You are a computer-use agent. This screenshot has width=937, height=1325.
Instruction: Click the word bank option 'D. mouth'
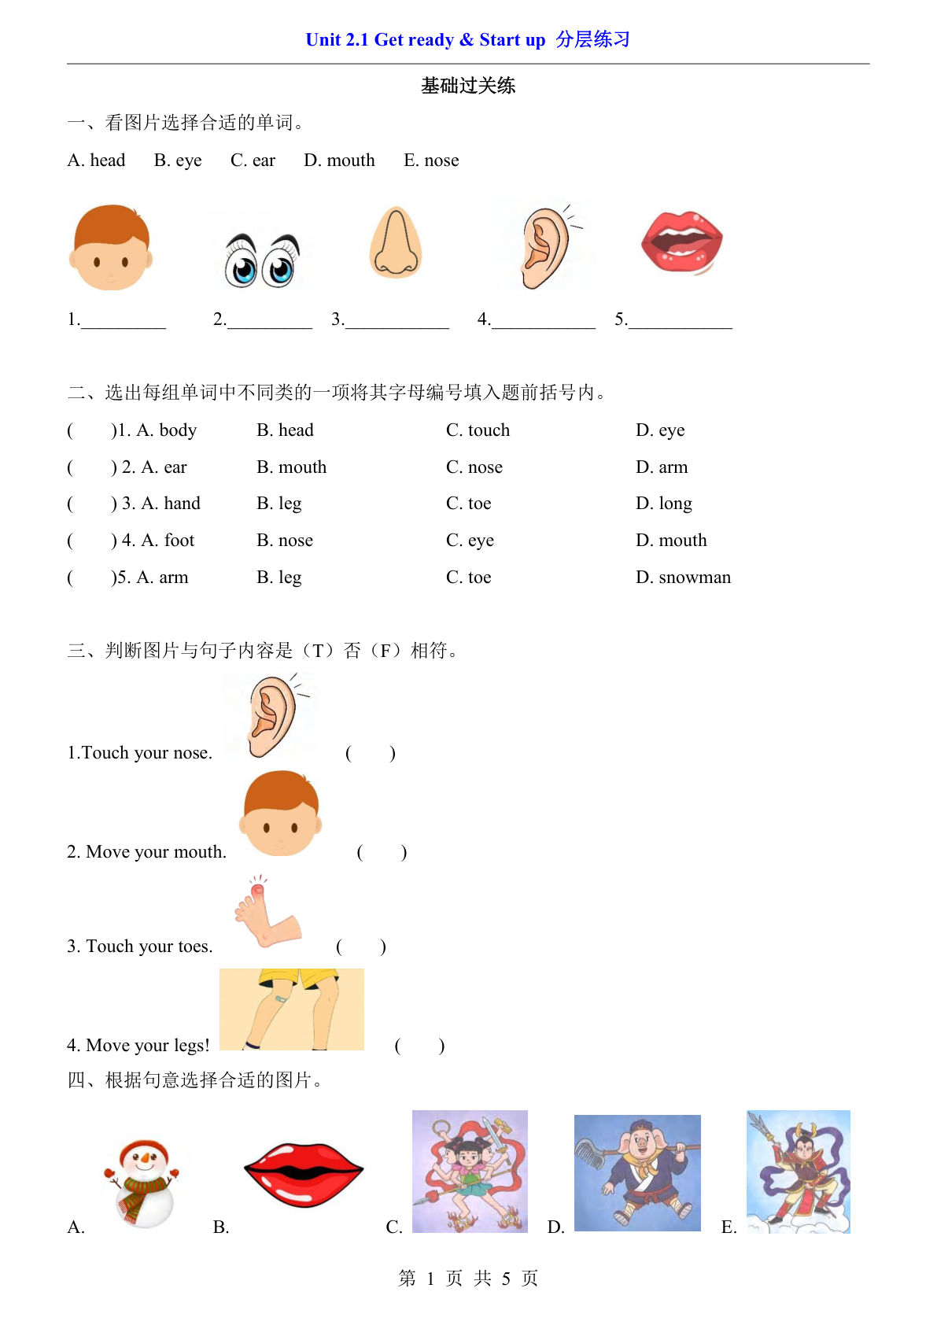339,161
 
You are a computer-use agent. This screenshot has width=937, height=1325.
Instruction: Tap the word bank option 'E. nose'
431,161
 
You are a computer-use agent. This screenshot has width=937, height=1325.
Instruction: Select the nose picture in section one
396,242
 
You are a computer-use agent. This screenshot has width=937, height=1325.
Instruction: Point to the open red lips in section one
681,242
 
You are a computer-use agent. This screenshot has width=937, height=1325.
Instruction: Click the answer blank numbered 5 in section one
681,319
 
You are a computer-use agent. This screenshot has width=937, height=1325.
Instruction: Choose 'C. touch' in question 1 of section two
478,430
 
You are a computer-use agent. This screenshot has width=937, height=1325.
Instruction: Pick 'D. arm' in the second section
662,467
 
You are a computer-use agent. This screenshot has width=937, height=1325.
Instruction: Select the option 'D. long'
664,504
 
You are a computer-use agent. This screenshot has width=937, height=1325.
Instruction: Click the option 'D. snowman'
683,578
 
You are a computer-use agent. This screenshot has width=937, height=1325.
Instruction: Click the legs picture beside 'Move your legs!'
292,1009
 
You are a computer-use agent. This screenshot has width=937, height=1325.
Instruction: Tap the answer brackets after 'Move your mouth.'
382,852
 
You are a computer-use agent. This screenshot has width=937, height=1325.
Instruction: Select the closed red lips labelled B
304,1174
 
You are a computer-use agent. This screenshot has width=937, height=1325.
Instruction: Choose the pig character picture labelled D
637,1173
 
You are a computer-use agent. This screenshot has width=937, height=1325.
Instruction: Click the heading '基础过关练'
468,86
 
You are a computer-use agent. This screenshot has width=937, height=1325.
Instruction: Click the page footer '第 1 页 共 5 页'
468,1279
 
